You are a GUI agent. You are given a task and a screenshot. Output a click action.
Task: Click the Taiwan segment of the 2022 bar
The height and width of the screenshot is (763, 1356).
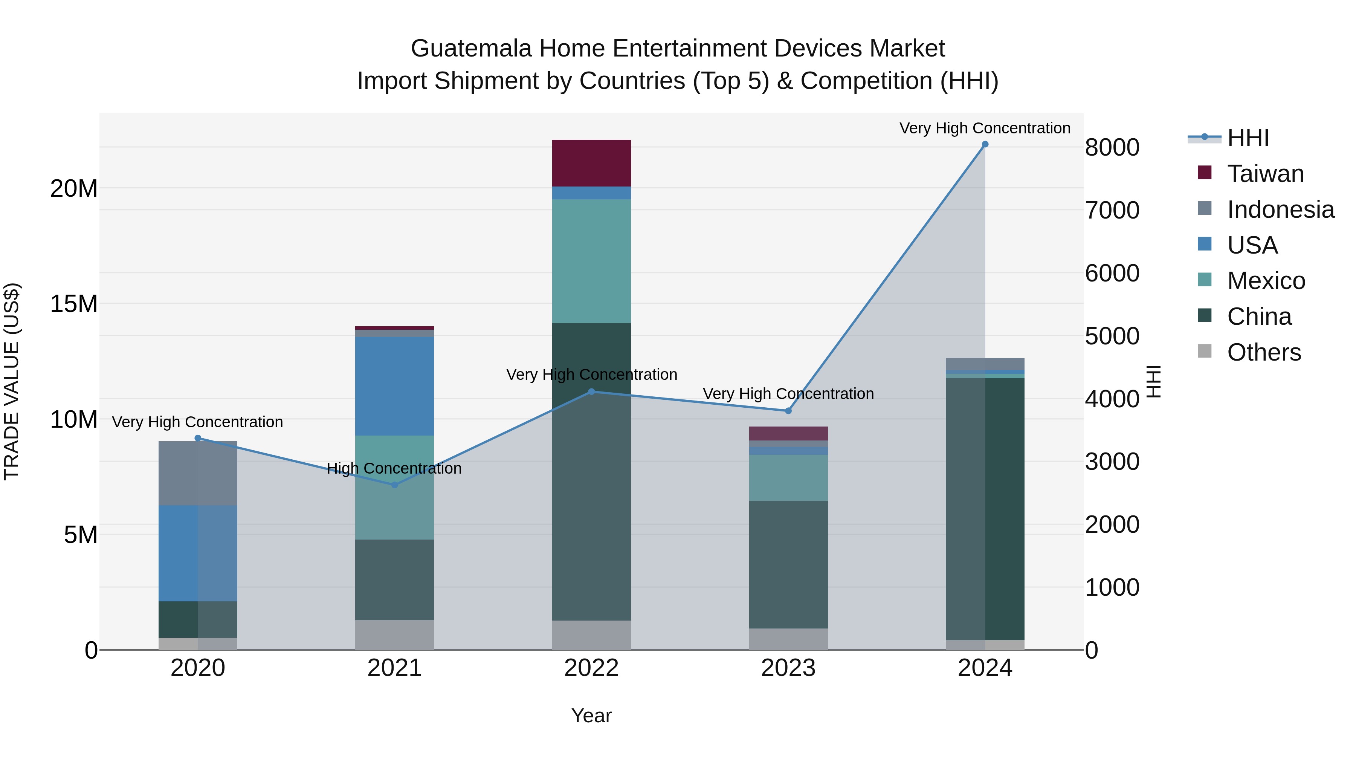click(x=591, y=163)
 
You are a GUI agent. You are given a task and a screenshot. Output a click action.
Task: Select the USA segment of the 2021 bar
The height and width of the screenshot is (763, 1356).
click(x=394, y=386)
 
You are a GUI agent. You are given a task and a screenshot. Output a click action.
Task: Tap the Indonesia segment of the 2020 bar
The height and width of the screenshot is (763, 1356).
click(x=197, y=473)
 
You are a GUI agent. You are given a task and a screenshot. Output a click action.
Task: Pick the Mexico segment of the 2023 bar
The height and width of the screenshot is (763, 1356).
click(x=788, y=478)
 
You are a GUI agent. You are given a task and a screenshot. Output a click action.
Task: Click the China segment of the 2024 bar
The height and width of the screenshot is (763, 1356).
click(x=985, y=509)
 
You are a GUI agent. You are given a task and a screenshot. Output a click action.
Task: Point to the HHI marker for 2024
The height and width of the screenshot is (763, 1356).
click(x=985, y=144)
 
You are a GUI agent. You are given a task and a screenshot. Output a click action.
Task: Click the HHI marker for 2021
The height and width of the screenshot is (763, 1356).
click(x=395, y=485)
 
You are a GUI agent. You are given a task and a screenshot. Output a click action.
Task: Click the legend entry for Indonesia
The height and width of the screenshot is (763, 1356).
click(x=1280, y=209)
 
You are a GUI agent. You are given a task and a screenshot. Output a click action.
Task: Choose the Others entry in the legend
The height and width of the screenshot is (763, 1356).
click(x=1263, y=352)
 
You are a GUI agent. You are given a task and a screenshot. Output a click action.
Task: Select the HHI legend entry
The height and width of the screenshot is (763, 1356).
click(x=1248, y=138)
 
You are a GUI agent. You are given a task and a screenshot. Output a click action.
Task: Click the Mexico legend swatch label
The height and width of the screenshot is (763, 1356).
click(x=1266, y=281)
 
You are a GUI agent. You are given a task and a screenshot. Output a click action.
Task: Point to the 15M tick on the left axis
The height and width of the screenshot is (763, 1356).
click(x=74, y=304)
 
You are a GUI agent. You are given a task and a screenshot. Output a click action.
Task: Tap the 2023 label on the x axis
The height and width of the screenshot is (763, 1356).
click(x=788, y=668)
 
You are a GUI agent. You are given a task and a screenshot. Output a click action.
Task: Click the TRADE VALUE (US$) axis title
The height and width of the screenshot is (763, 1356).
click(x=12, y=381)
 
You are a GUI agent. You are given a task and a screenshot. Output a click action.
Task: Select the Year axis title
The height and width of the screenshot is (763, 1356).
click(x=591, y=716)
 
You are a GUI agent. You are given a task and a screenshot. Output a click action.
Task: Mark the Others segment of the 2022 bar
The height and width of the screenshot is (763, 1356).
click(x=591, y=635)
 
